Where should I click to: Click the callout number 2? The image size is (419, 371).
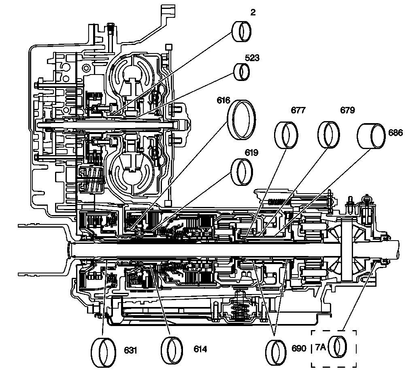tap(253, 13)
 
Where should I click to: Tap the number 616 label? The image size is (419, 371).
tap(223, 100)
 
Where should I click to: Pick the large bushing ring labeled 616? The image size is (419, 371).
tap(242, 119)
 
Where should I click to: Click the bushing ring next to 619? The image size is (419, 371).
tap(242, 171)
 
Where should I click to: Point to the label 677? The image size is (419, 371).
tap(299, 110)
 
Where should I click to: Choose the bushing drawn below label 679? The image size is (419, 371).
tap(328, 134)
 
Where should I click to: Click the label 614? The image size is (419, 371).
tap(200, 349)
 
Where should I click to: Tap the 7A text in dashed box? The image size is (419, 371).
tap(321, 347)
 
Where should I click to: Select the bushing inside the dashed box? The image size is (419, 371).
tap(339, 348)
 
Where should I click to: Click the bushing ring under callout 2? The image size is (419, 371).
tap(242, 30)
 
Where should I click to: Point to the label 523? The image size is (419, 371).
tap(252, 58)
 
